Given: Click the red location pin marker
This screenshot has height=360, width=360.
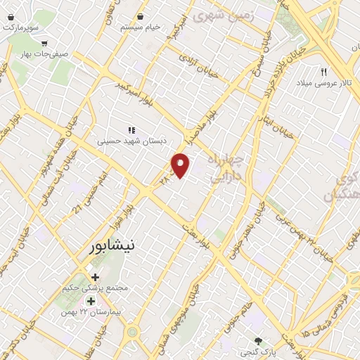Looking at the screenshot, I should pyautogui.click(x=181, y=165).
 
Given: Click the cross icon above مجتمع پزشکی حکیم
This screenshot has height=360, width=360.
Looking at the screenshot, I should pyautogui.click(x=95, y=277).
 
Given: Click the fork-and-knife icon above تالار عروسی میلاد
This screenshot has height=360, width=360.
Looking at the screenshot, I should pyautogui.click(x=324, y=72).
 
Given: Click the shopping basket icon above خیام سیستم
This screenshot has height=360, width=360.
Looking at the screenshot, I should pyautogui.click(x=141, y=15).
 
